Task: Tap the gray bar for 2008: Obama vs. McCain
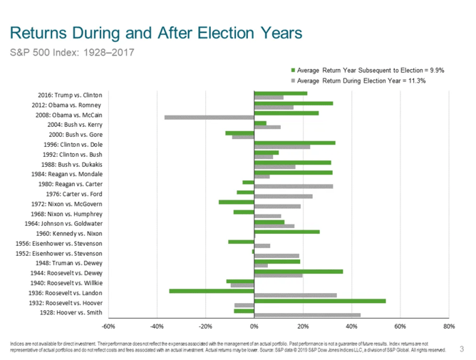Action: (x=209, y=117)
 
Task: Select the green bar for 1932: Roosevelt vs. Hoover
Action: (x=320, y=301)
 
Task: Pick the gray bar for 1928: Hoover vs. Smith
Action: (x=307, y=314)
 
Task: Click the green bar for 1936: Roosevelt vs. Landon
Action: (x=212, y=291)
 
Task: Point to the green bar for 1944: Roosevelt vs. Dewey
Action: (x=299, y=271)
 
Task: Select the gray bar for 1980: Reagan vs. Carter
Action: (x=294, y=186)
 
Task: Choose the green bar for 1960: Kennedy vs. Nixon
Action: (x=287, y=232)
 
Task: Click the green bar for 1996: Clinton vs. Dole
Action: (x=294, y=143)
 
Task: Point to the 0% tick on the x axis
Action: (x=254, y=326)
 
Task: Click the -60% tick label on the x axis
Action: (x=108, y=326)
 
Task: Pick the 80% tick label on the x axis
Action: (x=448, y=326)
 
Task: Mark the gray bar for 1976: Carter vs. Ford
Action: (x=284, y=196)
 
